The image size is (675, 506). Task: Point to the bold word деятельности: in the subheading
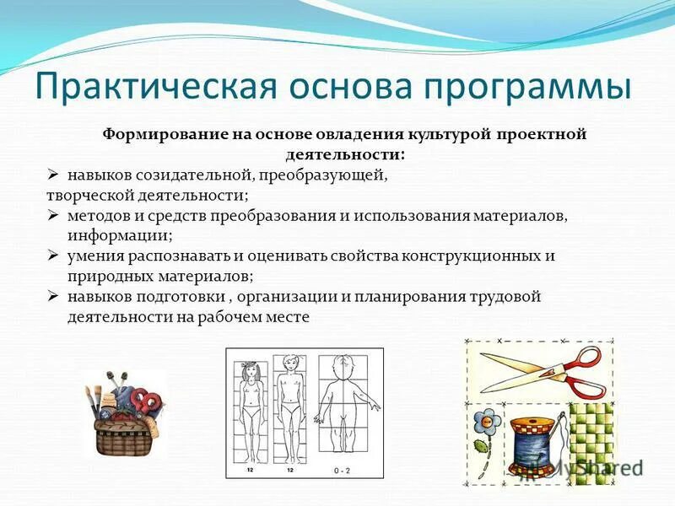(341, 155)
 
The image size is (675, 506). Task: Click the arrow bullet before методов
(52, 216)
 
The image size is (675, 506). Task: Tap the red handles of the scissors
(581, 371)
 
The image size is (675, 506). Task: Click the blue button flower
(487, 419)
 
